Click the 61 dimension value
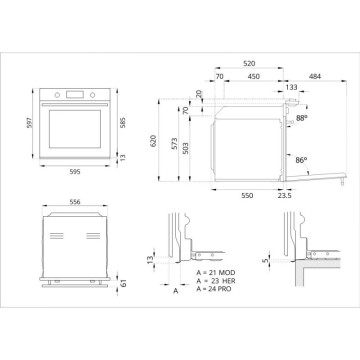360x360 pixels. (x=122, y=286)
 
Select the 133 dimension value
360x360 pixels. (x=291, y=87)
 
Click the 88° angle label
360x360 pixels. (x=301, y=118)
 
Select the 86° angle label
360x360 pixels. (x=301, y=159)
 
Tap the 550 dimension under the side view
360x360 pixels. (x=245, y=196)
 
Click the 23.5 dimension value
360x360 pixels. (x=283, y=196)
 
